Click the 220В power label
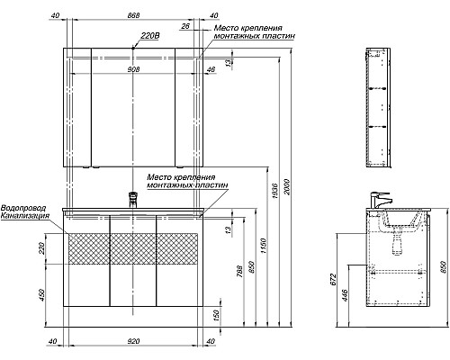tap(150, 36)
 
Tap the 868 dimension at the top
tap(133, 15)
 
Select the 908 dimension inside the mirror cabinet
tap(133, 69)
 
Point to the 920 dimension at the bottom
tap(133, 341)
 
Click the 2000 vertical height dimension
tap(287, 187)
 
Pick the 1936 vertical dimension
tap(275, 190)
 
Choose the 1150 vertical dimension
tap(263, 246)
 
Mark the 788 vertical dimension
tap(239, 271)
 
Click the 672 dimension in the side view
tap(334, 279)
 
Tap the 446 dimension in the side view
tap(345, 295)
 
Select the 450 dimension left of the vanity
tap(41, 295)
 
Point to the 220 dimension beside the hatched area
tap(41, 248)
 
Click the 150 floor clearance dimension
tap(215, 315)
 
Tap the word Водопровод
tap(23, 208)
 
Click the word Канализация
tap(25, 215)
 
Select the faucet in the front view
tap(133, 200)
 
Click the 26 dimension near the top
tap(185, 26)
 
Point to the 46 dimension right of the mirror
tap(211, 69)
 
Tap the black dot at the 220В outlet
tap(133, 48)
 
